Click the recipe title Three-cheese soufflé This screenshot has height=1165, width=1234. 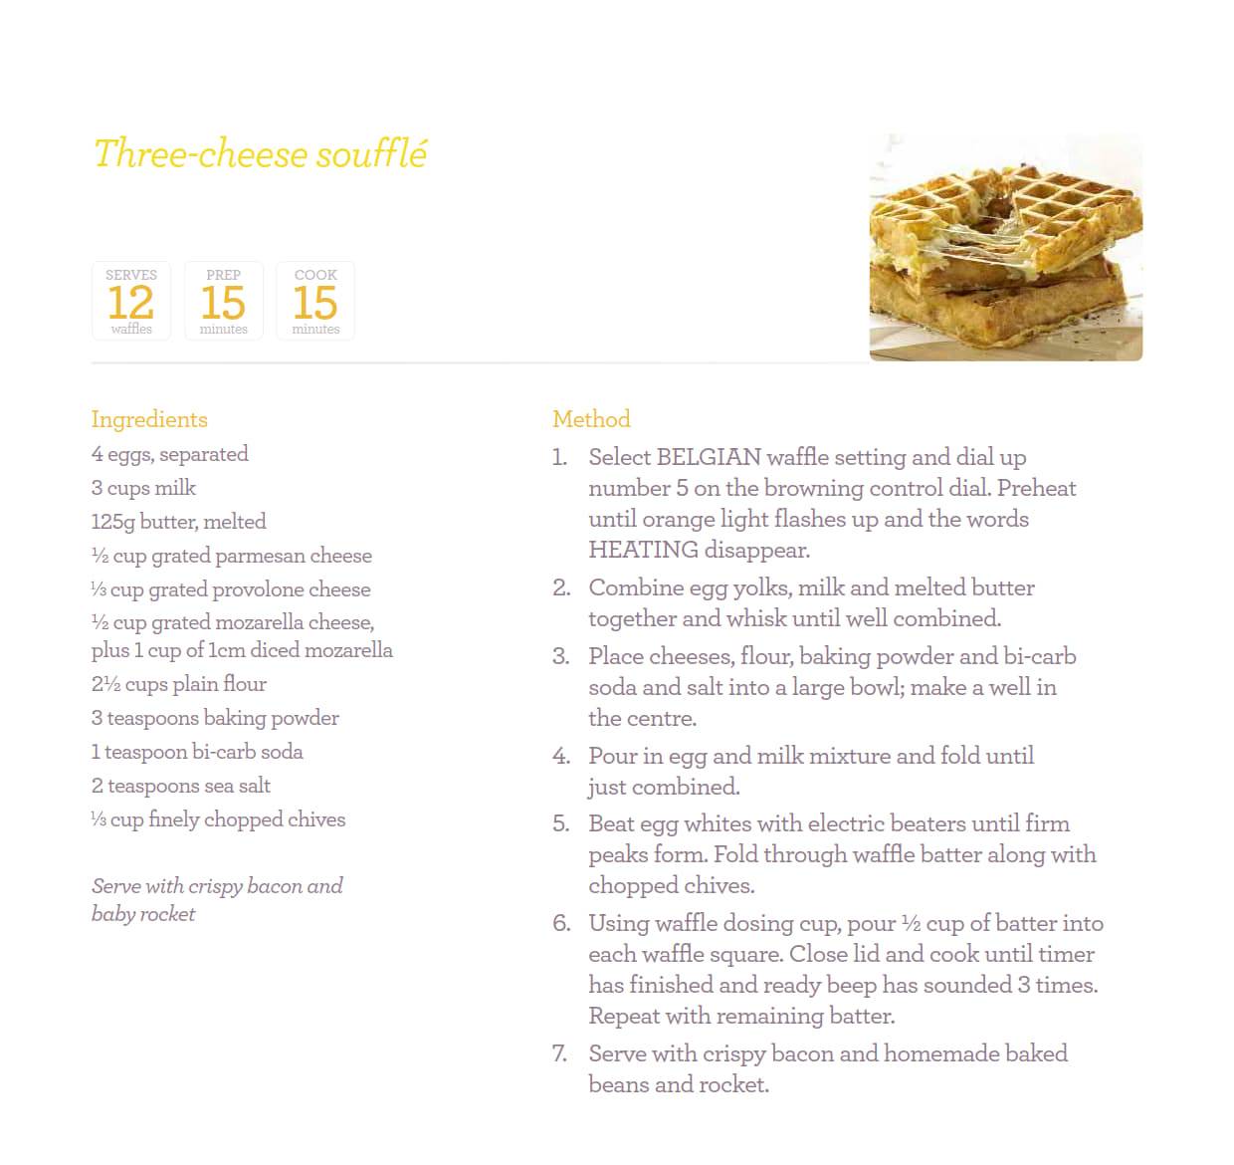261,155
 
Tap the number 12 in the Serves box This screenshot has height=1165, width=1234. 131,303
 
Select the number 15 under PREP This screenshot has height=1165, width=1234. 223,303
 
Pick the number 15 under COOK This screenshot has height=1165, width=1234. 315,303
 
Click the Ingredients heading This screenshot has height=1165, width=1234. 149,419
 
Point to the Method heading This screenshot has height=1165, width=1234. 591,419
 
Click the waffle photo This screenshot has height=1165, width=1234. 1005,247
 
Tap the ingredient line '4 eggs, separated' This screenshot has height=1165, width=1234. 170,454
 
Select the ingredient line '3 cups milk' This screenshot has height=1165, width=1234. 144,488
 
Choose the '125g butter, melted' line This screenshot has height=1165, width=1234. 179,522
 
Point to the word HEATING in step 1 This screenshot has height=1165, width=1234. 643,550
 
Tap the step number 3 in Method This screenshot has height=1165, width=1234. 561,657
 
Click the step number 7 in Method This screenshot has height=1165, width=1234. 560,1053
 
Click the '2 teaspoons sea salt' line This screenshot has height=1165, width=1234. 181,786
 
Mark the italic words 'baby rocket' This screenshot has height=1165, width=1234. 143,914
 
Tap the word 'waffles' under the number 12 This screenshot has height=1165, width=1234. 131,329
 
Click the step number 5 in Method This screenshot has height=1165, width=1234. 561,824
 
